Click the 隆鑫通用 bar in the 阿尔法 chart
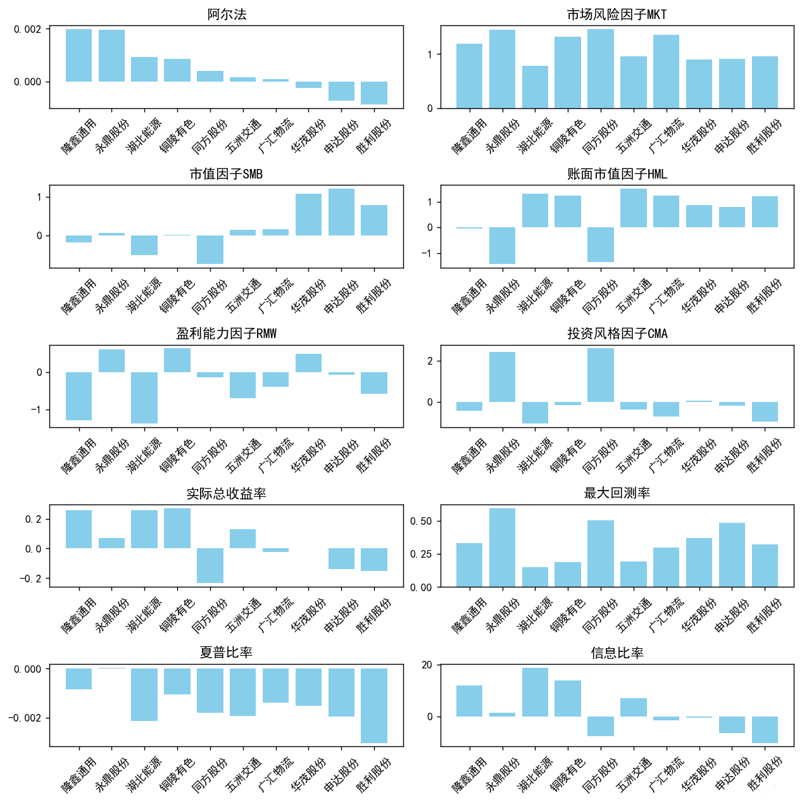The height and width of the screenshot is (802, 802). [78, 56]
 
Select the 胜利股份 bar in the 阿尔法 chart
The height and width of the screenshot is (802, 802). [373, 92]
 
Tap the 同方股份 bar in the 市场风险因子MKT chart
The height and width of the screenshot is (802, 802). [600, 68]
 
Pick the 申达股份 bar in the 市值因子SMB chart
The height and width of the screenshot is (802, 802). [341, 212]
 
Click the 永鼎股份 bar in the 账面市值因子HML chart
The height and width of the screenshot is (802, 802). [502, 245]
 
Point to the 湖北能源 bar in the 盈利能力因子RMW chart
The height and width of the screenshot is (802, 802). [144, 398]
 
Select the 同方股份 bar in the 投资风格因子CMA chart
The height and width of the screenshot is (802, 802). [600, 375]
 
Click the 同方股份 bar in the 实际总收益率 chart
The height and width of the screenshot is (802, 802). [210, 565]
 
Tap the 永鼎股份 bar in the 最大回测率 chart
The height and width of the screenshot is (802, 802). [502, 548]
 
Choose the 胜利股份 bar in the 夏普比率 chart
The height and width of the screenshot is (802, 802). [373, 705]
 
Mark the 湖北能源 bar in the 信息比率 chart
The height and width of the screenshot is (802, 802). [535, 692]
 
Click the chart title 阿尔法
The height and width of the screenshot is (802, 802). [227, 15]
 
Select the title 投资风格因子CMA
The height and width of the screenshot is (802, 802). [617, 334]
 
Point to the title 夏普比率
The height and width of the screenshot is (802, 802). [227, 653]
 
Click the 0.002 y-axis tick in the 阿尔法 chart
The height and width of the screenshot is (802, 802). [28, 30]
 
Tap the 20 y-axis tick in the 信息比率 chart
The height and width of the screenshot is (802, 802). [427, 665]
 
